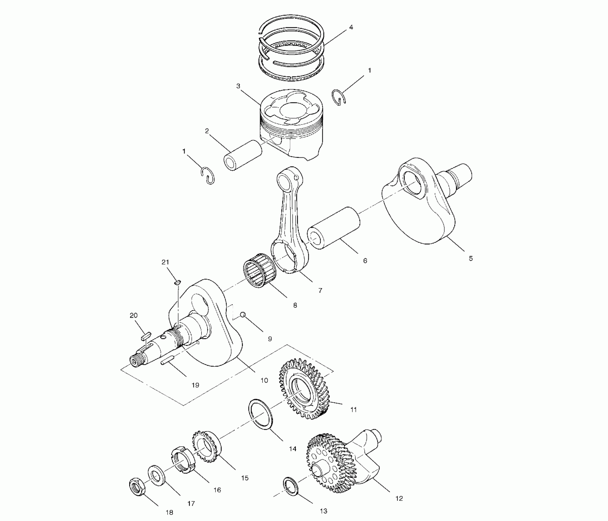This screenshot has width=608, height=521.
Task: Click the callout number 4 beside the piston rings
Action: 351,27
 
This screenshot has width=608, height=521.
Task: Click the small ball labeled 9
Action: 243,314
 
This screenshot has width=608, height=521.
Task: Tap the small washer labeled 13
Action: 291,486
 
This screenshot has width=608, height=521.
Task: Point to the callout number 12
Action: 399,499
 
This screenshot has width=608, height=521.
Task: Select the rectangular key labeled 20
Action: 145,336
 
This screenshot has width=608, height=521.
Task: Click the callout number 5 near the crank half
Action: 471,258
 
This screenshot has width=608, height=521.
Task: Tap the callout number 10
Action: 264,380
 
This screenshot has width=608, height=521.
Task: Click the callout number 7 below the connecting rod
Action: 320,290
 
